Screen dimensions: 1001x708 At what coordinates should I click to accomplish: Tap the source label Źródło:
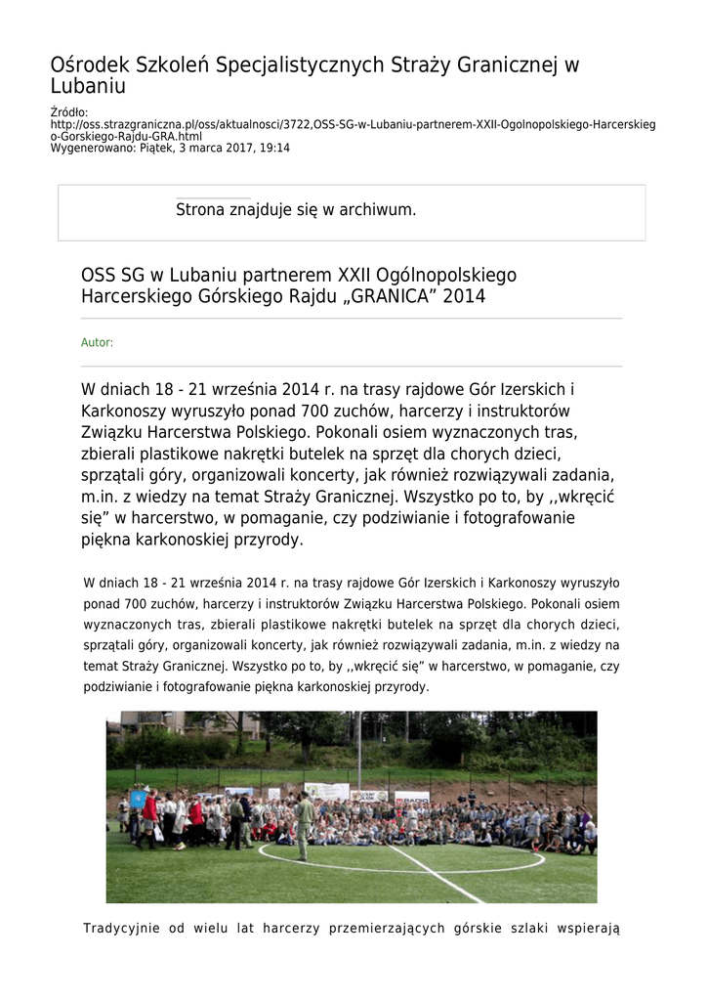69,113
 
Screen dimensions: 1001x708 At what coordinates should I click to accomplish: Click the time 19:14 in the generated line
273,149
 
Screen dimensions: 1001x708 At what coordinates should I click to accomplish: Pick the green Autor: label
97,343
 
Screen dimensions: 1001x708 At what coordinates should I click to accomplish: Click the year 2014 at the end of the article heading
464,295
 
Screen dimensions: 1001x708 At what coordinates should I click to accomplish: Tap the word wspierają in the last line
587,928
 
